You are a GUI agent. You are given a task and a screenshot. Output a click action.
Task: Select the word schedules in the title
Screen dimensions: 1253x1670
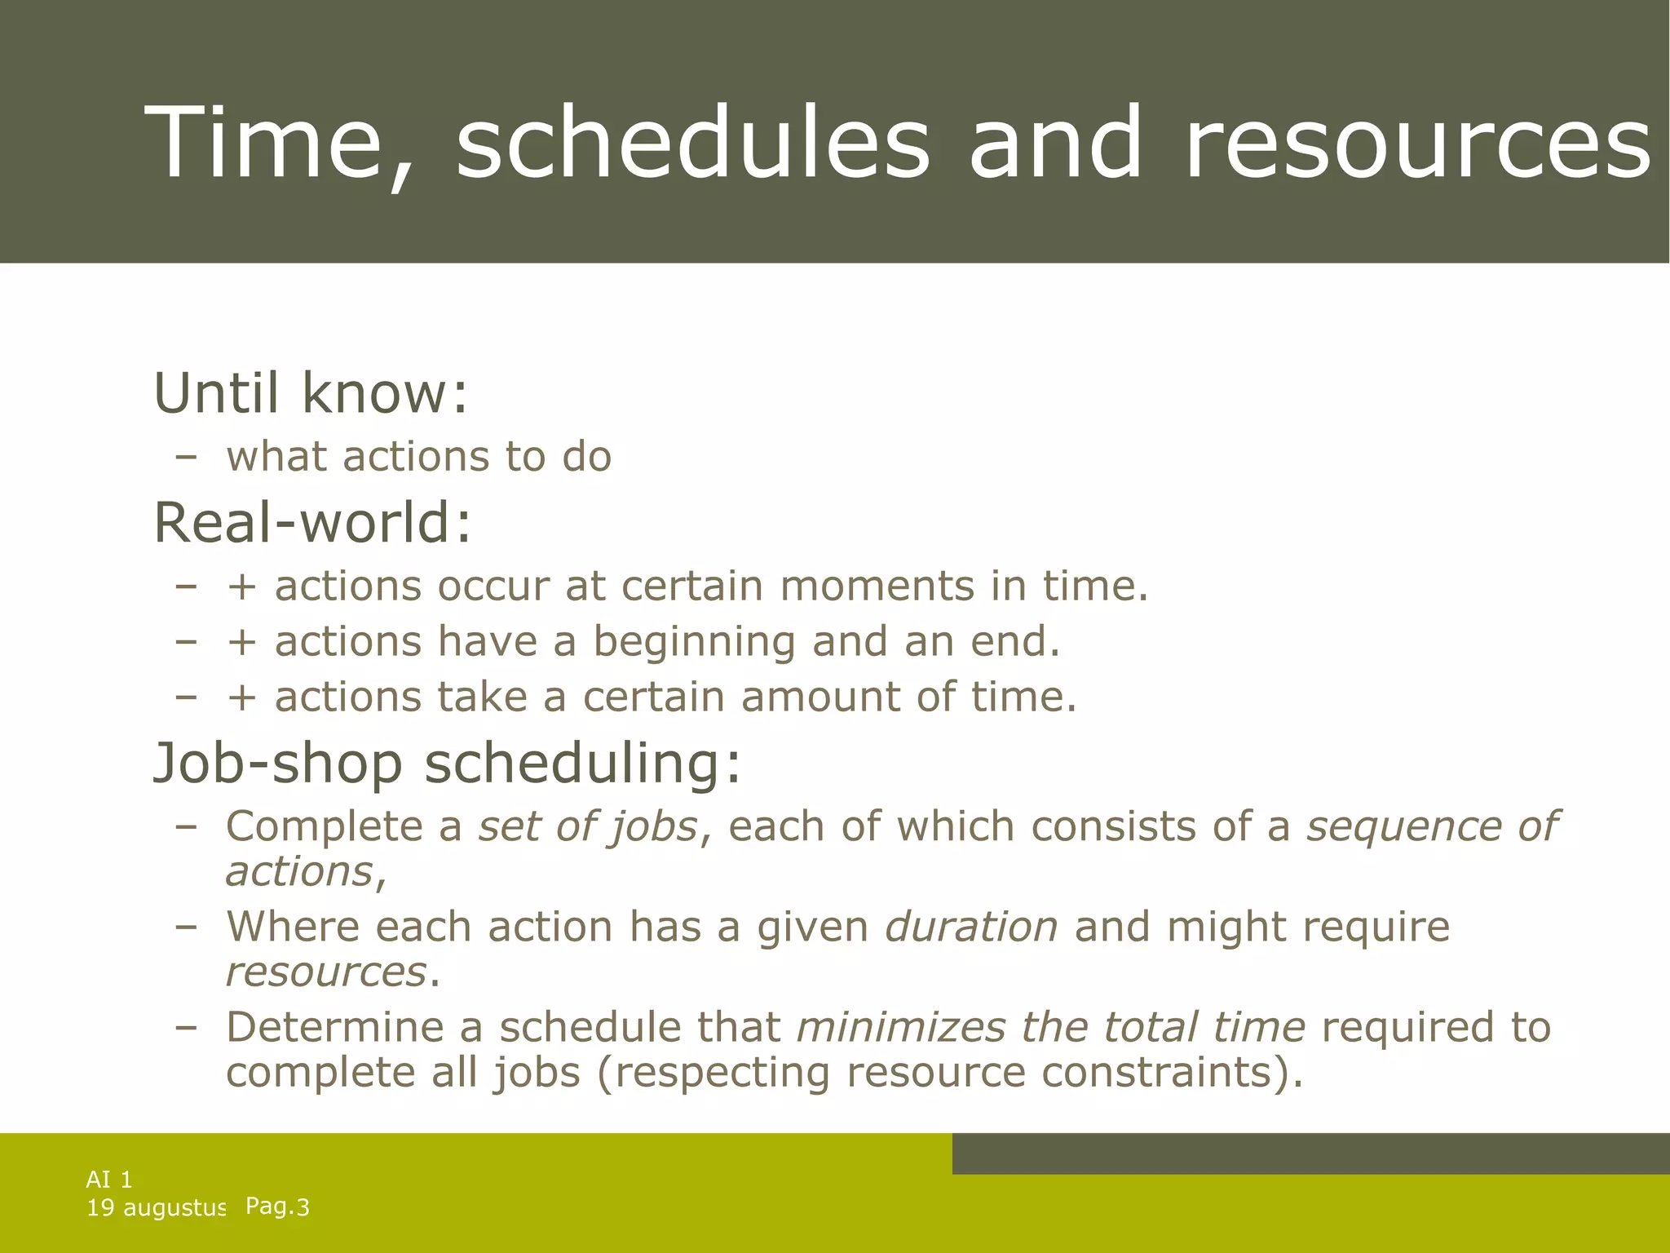pos(693,143)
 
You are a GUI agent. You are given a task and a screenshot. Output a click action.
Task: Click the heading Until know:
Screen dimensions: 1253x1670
pos(311,393)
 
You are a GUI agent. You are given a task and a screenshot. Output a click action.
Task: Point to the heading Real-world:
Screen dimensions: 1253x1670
pos(312,523)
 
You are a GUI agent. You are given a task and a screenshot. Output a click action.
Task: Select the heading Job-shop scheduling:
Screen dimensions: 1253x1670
pos(448,764)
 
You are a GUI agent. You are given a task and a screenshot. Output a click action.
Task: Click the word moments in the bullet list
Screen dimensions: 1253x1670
pos(877,587)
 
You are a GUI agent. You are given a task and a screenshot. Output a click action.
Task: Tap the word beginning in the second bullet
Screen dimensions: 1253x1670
pos(693,642)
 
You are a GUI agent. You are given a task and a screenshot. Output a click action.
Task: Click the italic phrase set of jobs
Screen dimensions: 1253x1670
pos(587,827)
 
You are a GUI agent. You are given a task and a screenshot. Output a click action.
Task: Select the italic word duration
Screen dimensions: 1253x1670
pos(971,928)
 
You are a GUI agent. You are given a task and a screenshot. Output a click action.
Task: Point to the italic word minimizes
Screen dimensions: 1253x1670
pos(901,1027)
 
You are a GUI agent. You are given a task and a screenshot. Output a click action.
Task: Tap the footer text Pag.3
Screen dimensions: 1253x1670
pos(277,1207)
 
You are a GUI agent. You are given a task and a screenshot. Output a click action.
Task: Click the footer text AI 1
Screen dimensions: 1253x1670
pos(109,1180)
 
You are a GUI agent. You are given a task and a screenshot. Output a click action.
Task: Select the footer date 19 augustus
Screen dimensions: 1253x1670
pos(156,1208)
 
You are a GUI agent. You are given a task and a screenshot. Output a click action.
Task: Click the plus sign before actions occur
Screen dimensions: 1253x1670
pos(242,587)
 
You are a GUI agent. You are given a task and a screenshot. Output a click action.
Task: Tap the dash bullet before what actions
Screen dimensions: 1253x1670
pos(186,458)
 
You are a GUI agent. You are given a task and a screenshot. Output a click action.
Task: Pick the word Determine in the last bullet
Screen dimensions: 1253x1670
pos(334,1027)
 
